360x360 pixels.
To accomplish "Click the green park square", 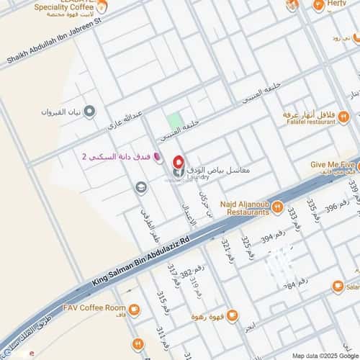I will (174, 122).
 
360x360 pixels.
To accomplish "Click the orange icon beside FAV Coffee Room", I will (134, 310).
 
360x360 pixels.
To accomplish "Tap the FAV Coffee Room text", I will (94, 308).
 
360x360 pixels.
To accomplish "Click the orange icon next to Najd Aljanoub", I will (276, 207).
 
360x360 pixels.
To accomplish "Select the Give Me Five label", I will (333, 164).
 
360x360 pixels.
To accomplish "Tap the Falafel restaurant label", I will (310, 122).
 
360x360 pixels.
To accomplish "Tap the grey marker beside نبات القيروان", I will (90, 112).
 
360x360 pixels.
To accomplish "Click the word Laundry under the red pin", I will (198, 176).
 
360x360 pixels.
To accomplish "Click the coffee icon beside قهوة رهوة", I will (232, 315).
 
